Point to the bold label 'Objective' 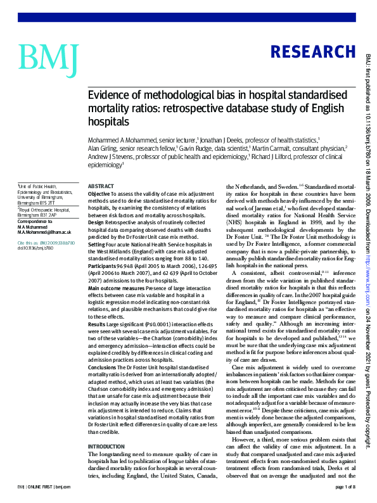[x=98, y=193]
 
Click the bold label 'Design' [x=95, y=222]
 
